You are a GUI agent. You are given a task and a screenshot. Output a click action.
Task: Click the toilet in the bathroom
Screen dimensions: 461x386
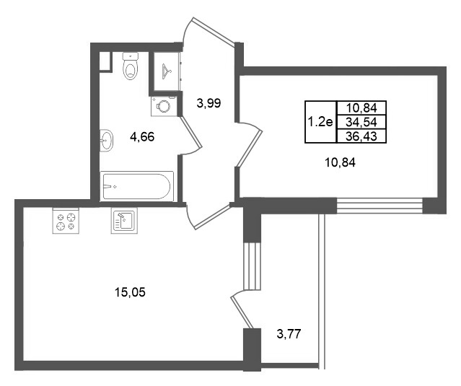click(x=131, y=66)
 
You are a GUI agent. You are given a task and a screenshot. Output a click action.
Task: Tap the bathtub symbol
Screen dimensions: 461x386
click(x=136, y=186)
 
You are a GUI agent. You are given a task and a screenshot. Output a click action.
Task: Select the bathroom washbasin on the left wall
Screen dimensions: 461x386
click(x=106, y=141)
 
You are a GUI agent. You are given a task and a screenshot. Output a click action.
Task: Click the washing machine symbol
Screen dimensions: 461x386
click(x=164, y=106)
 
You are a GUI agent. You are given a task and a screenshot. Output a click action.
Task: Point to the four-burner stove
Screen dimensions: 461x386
click(x=66, y=221)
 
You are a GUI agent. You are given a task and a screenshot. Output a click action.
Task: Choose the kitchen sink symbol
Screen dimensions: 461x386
click(x=124, y=221)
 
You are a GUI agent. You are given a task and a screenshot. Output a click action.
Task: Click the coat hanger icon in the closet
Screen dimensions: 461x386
click(x=167, y=71)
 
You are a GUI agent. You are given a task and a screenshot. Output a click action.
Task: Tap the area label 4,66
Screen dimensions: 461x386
click(x=142, y=137)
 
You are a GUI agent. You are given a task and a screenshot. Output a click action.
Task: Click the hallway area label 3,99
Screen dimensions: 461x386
click(x=208, y=103)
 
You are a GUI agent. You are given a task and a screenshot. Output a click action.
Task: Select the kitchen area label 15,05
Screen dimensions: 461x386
click(x=130, y=292)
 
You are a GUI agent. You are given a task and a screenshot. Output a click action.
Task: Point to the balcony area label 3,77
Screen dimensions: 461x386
click(x=289, y=334)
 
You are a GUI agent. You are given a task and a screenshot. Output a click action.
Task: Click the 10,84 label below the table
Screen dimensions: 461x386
click(x=340, y=162)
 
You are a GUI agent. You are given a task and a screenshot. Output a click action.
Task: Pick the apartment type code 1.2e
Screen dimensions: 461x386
click(x=320, y=121)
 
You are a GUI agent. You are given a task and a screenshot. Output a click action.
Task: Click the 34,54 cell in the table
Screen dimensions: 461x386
click(x=361, y=122)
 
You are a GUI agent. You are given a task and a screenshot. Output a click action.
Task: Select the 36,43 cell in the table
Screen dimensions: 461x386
click(x=361, y=136)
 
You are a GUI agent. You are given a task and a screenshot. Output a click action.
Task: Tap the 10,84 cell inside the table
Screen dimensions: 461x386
click(x=361, y=108)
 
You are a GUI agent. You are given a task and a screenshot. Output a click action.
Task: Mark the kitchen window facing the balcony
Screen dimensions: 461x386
click(x=253, y=266)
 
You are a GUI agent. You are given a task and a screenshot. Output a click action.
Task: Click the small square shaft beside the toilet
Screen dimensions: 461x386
click(x=105, y=61)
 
